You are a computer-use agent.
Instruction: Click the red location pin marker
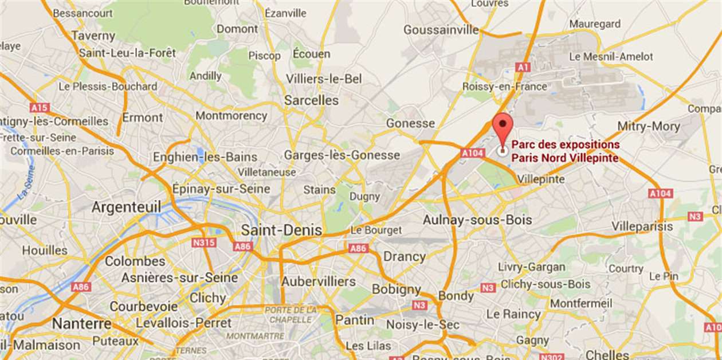click(503, 127)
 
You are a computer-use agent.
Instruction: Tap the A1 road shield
click(521, 68)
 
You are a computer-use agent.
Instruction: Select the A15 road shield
click(40, 107)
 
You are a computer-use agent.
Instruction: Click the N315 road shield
click(204, 243)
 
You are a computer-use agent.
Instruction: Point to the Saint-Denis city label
click(281, 230)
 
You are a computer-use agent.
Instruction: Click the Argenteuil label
click(126, 207)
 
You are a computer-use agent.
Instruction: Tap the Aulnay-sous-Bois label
click(477, 220)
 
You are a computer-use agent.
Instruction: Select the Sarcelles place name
click(312, 100)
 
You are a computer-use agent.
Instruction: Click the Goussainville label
click(441, 30)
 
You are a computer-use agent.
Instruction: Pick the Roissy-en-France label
click(505, 87)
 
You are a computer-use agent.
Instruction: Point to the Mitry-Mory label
click(649, 126)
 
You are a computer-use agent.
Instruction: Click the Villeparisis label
click(642, 226)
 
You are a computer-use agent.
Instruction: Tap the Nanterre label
click(82, 324)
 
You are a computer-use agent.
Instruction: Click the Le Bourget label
click(376, 230)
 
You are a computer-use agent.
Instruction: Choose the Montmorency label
click(231, 116)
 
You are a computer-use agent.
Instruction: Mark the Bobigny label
click(397, 289)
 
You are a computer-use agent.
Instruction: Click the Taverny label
click(93, 36)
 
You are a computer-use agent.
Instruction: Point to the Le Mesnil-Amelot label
click(610, 57)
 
